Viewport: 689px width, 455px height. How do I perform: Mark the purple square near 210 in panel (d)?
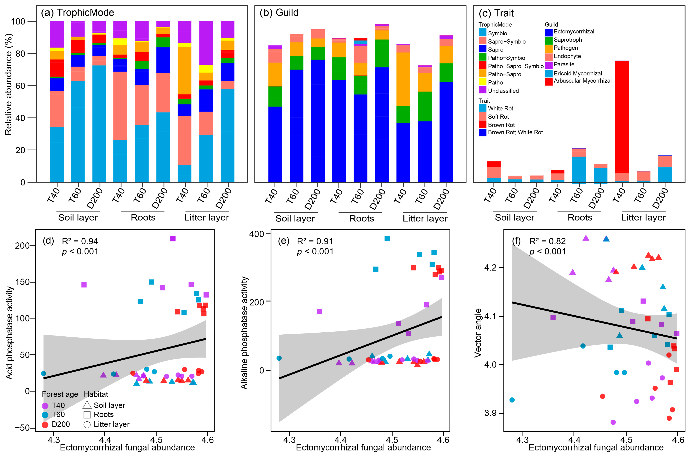(x=173, y=239)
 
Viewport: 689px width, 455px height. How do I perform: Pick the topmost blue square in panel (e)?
(x=387, y=239)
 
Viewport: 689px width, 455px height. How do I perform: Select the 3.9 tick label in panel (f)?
(x=490, y=413)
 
